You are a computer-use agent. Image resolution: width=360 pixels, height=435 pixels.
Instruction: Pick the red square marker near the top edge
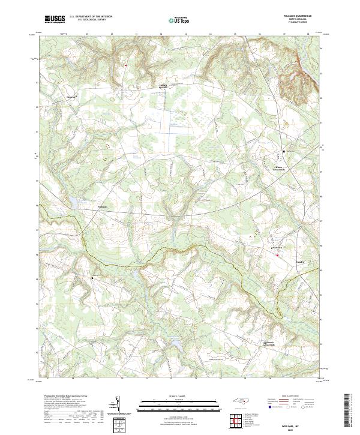[x=126, y=65]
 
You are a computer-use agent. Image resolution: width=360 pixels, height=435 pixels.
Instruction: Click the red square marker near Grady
[x=277, y=256]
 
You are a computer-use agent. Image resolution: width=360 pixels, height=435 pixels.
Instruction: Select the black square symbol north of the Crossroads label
[x=284, y=151]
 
